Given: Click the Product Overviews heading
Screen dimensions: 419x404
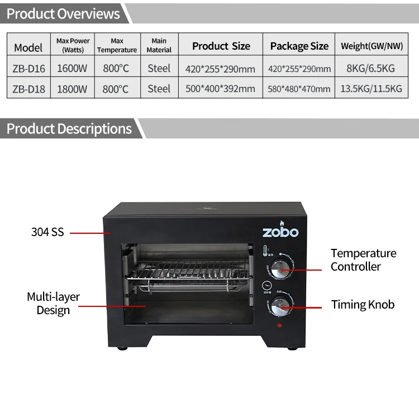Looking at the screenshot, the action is pyautogui.click(x=63, y=13).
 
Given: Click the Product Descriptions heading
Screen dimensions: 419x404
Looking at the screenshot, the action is pyautogui.click(x=69, y=129).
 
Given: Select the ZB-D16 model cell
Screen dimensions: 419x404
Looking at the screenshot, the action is pyautogui.click(x=28, y=69).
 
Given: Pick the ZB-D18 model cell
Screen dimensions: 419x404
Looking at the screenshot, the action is pyautogui.click(x=28, y=88).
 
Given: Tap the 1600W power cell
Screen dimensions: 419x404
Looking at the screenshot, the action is pyautogui.click(x=73, y=69).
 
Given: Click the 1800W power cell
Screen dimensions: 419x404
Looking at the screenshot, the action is pyautogui.click(x=73, y=88).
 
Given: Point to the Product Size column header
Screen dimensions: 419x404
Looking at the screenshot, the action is pyautogui.click(x=221, y=46).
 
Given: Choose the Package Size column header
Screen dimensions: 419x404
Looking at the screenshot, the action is pyautogui.click(x=299, y=46).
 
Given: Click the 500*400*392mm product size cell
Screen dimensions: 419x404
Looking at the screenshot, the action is pyautogui.click(x=220, y=88).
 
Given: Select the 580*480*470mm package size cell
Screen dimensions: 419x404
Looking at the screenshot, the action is pyautogui.click(x=299, y=88).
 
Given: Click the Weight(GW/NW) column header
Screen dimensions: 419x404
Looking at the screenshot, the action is pyautogui.click(x=372, y=46).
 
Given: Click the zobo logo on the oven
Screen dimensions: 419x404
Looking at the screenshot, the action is pyautogui.click(x=280, y=232).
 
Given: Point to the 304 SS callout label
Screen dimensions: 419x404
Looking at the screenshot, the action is pyautogui.click(x=47, y=232).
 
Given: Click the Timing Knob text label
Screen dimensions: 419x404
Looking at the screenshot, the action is pyautogui.click(x=363, y=305).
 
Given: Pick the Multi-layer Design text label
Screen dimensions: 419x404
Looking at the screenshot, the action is pyautogui.click(x=53, y=303).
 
